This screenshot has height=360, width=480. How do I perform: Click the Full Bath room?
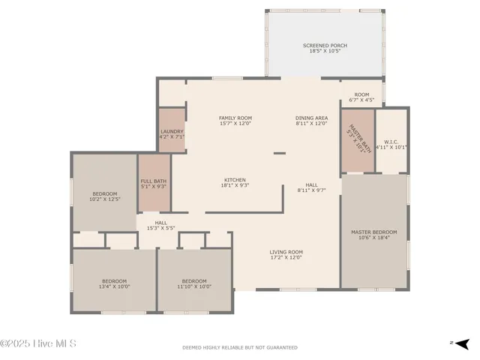(x=153, y=183)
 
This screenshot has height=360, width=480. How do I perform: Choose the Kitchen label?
(x=235, y=180)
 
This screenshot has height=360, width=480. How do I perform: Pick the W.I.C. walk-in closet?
(x=391, y=144)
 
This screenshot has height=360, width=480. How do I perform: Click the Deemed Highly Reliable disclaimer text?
(x=240, y=347)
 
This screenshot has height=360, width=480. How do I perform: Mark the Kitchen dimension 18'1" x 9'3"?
(x=235, y=185)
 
